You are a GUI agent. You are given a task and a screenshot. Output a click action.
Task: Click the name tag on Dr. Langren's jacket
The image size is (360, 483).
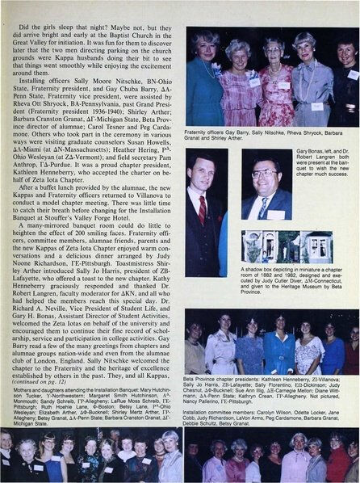click(279, 212)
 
